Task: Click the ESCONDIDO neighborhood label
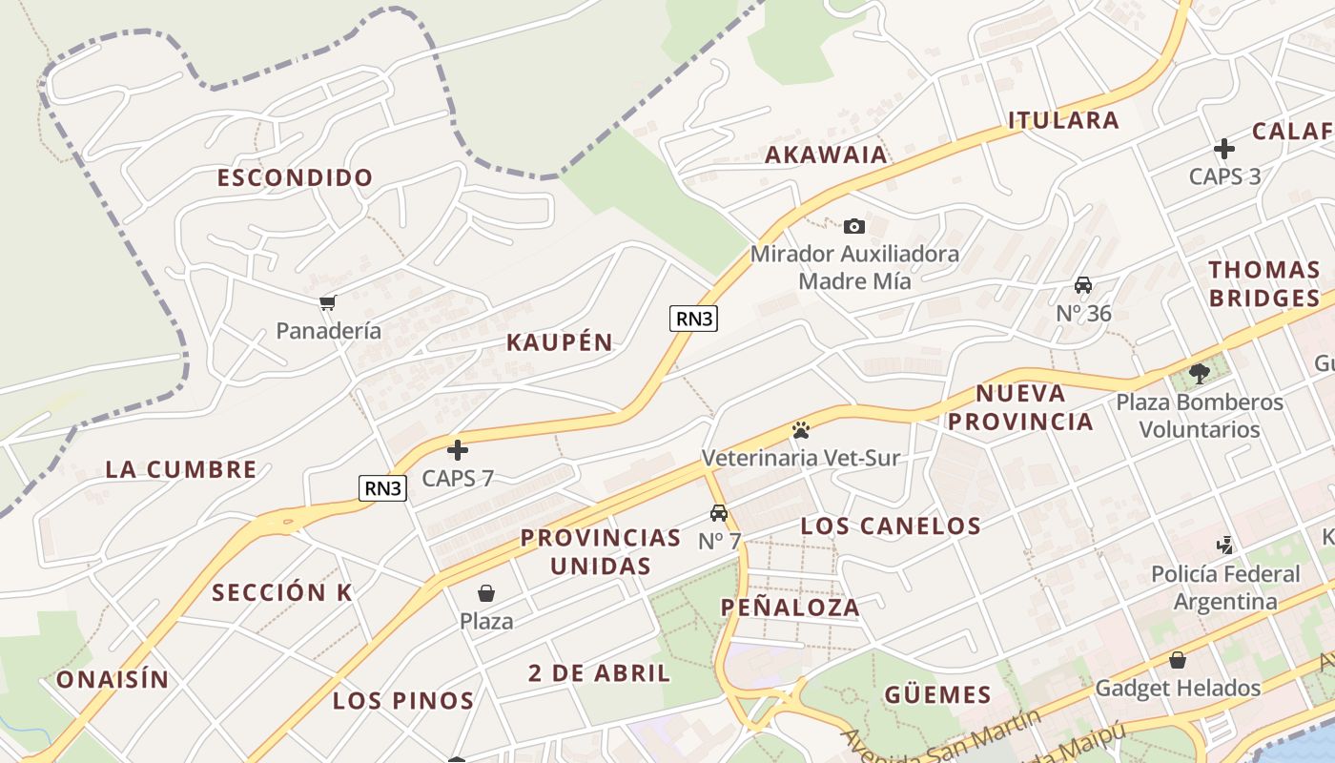(x=295, y=177)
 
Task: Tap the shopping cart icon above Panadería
(x=328, y=303)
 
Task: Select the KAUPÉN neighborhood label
(x=559, y=343)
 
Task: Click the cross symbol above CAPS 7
(x=458, y=450)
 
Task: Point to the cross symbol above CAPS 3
(x=1224, y=149)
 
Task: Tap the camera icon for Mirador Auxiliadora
(x=854, y=226)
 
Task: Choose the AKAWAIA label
(x=826, y=155)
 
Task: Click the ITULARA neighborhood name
(x=1063, y=120)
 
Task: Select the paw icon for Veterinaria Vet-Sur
(x=800, y=430)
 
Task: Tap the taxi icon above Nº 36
(x=1083, y=285)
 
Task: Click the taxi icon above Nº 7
(x=719, y=513)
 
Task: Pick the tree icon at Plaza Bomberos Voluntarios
(x=1200, y=374)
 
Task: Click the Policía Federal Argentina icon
(x=1225, y=546)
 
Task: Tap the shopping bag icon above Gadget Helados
(x=1178, y=660)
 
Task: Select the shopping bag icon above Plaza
(x=486, y=593)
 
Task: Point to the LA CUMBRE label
(x=180, y=469)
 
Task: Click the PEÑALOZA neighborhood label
(x=790, y=608)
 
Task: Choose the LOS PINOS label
(x=402, y=701)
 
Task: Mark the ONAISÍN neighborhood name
(x=113, y=680)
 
